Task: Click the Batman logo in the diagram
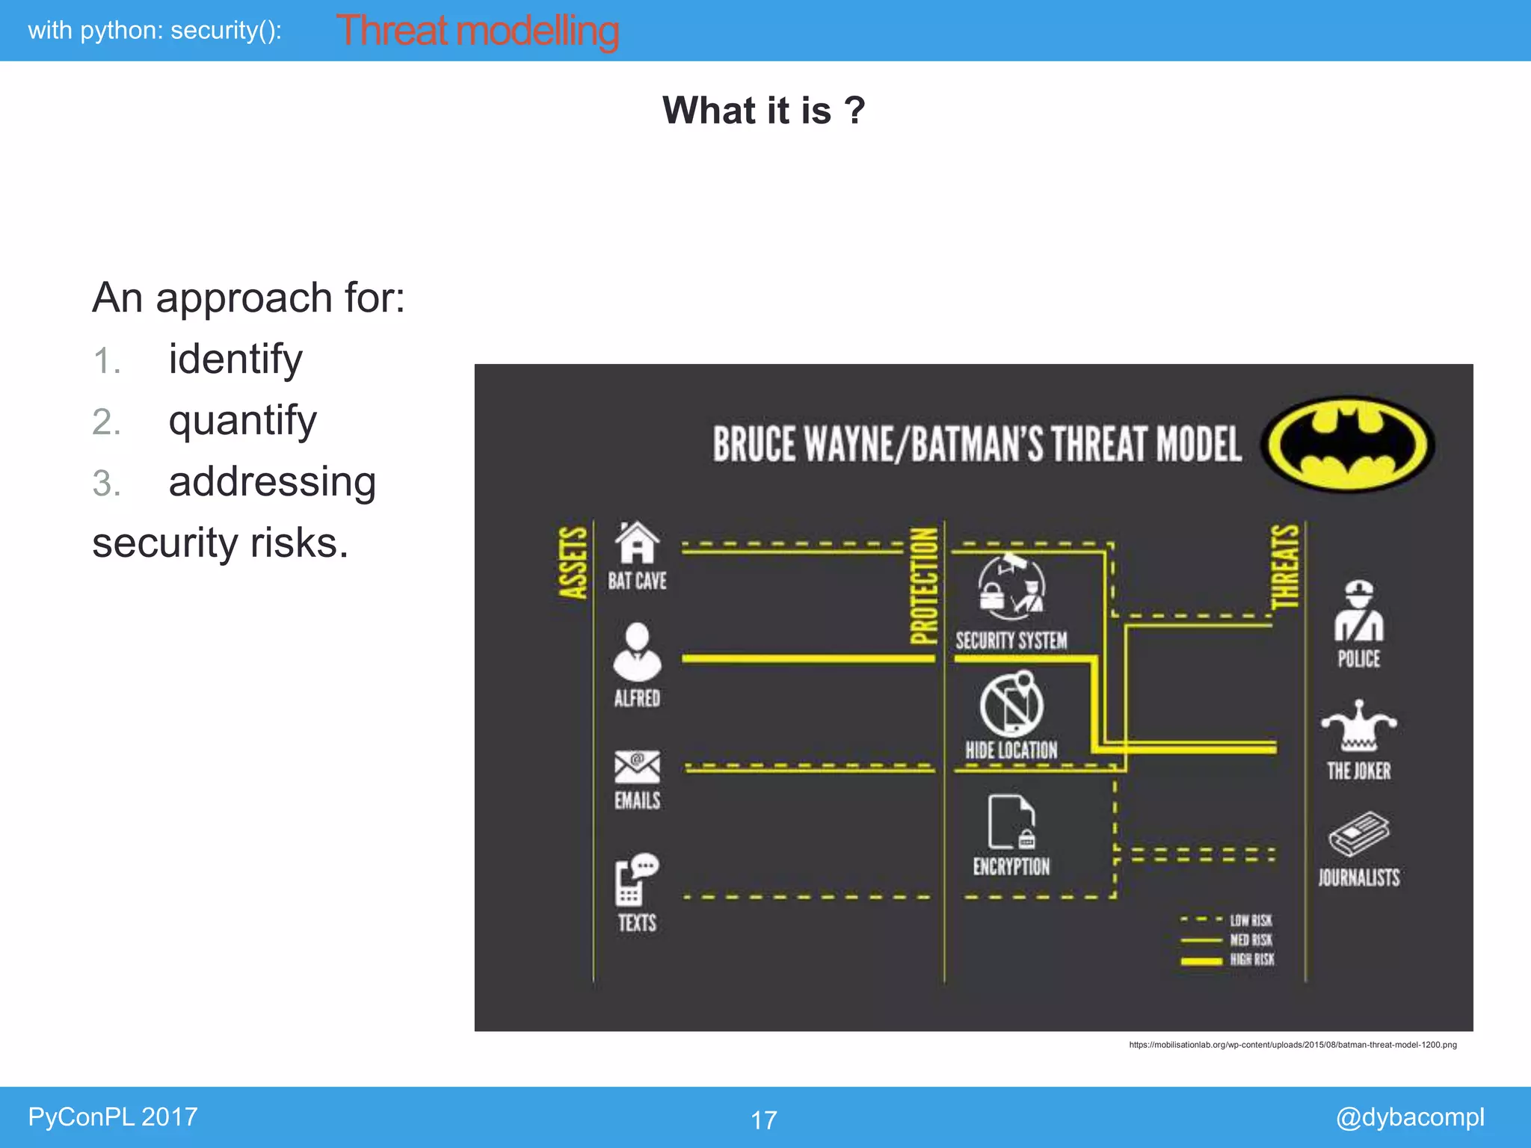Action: [x=1347, y=444]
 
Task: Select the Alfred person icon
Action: [x=637, y=652]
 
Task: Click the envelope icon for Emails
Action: [x=637, y=767]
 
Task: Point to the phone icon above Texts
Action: [x=635, y=880]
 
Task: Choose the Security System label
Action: [x=1011, y=641]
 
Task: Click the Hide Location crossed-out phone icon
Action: [x=1011, y=704]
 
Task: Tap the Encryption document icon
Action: [x=1011, y=822]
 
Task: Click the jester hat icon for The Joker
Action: [x=1359, y=726]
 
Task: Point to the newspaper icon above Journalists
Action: [x=1359, y=834]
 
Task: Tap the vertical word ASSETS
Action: [x=573, y=562]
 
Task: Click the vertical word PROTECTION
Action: [x=924, y=586]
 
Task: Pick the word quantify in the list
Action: [x=243, y=420]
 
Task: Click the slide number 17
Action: [x=764, y=1120]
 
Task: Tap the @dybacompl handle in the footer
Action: [x=1410, y=1117]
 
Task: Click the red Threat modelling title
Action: [x=478, y=31]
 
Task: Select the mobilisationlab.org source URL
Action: [x=1293, y=1045]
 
